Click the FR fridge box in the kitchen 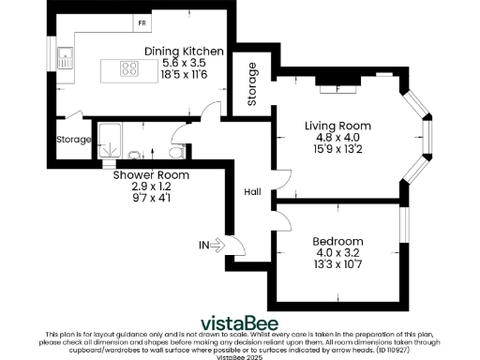tap(142, 21)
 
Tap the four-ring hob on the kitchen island tap(127, 67)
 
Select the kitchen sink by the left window tap(65, 58)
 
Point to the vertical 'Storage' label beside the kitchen tap(251, 84)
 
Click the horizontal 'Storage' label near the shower tap(73, 140)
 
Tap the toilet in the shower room tap(174, 151)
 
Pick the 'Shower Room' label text tap(151, 175)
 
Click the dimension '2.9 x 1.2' tap(151, 187)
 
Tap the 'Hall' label tap(253, 191)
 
